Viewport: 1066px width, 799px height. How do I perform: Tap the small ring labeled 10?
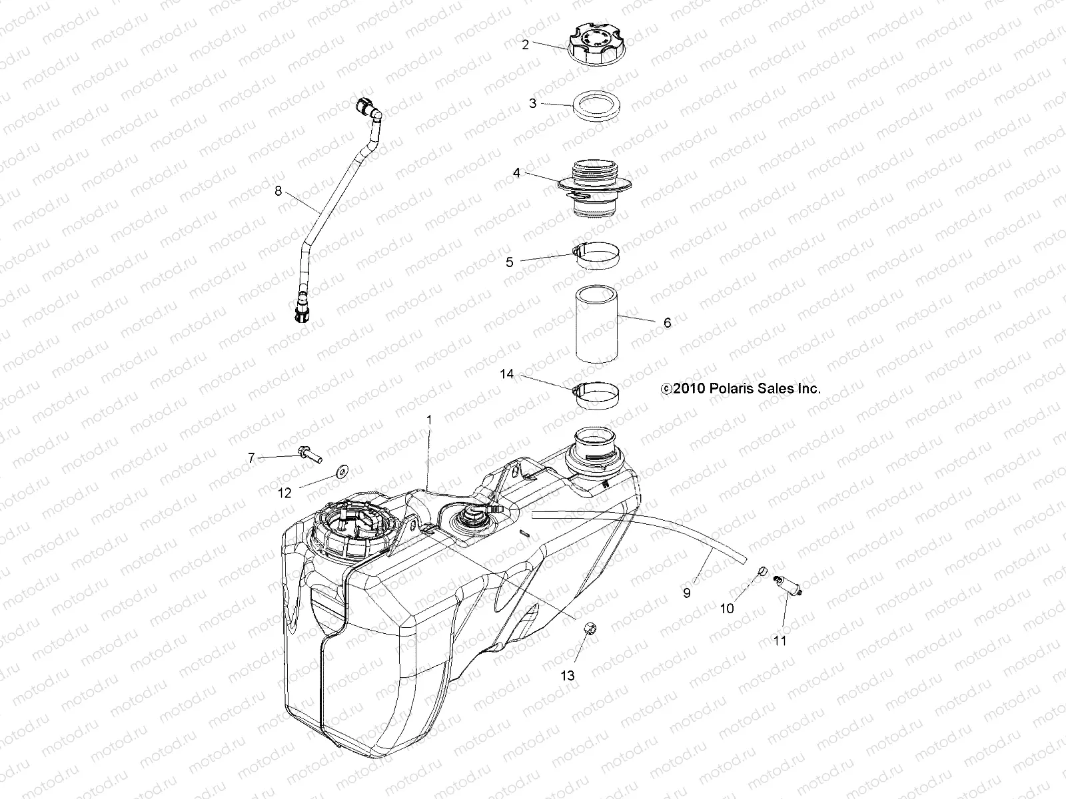[x=764, y=572]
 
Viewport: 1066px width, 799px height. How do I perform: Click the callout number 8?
[x=278, y=192]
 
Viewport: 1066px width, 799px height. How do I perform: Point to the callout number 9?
[x=687, y=592]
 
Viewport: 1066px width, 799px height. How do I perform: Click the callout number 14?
[x=507, y=374]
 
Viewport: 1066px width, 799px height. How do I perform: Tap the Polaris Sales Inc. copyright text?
[x=740, y=388]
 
